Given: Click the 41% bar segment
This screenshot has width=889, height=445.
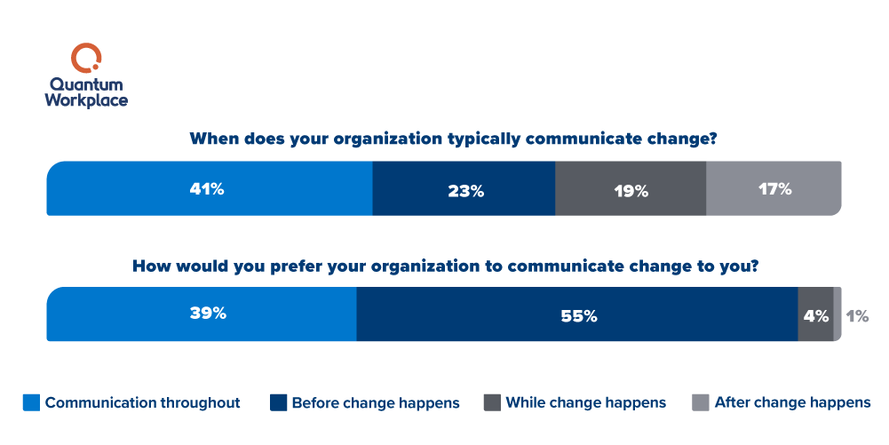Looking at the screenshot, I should pos(209,188).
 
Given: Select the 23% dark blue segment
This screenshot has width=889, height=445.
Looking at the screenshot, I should pos(464,189).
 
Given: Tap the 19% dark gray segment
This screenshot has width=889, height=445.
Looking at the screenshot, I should pos(630,189).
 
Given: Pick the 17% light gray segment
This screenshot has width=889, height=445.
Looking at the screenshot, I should pos(773,188).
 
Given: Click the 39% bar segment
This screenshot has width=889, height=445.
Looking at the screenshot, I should pos(201,314).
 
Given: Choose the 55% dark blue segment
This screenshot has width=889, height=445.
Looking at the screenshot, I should pos(577,314).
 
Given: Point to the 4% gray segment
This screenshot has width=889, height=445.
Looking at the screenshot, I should pos(815,314).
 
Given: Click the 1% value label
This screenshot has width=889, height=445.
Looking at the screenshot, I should pos(857,315).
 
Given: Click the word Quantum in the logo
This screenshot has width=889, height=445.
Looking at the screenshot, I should pos(86,85).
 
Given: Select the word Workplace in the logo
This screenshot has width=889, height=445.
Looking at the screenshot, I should pos(86,100).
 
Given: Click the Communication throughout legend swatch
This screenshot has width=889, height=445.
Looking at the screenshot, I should pos(31,402).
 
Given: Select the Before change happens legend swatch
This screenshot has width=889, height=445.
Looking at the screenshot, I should pos(278,402).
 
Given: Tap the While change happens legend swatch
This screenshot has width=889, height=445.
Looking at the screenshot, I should pos(492,402).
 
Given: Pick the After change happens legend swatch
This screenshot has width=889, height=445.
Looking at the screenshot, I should pos(701,402).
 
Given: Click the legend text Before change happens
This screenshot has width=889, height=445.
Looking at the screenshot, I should pos(375,403).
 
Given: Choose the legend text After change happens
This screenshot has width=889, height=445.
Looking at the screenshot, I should pos(792,403).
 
